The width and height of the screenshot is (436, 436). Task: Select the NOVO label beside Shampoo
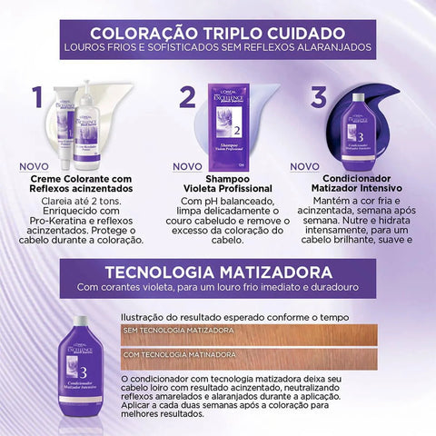(x=186, y=167)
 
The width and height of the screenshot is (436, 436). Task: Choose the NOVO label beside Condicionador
(x=306, y=167)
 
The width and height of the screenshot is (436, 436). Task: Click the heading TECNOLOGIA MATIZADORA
(x=217, y=272)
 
